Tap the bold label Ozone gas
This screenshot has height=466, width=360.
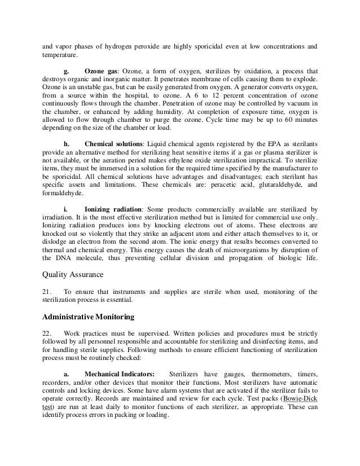tap(103, 72)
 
